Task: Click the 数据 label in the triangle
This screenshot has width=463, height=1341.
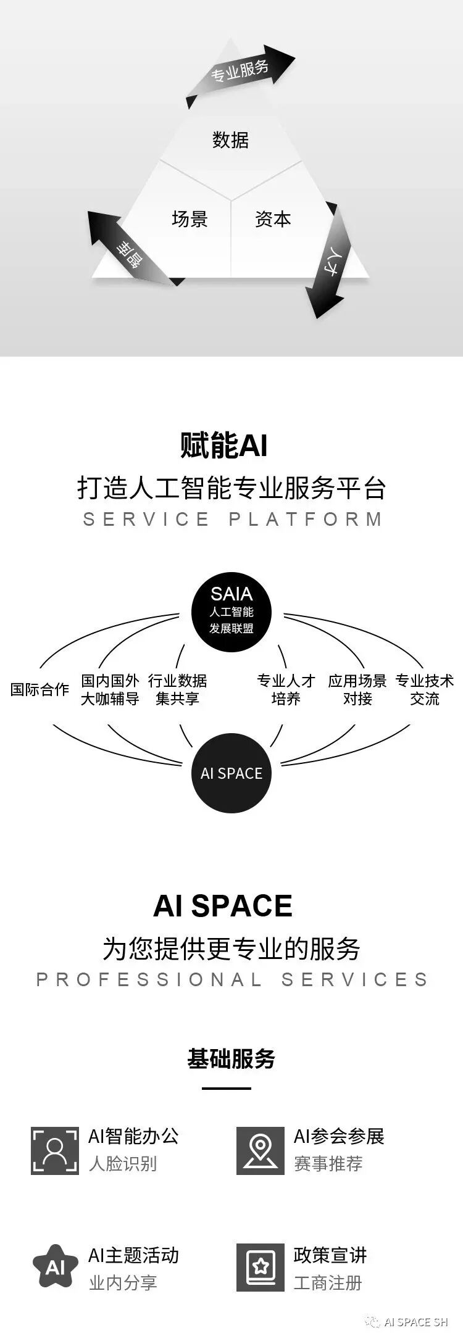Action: click(x=230, y=140)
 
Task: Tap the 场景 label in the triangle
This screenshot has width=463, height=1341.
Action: click(x=190, y=219)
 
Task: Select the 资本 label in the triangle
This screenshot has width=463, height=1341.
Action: click(x=273, y=219)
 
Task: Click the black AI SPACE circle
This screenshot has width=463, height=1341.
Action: click(x=231, y=773)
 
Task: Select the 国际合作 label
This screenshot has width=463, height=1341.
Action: click(x=40, y=689)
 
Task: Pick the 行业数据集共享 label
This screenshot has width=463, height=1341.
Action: click(x=177, y=689)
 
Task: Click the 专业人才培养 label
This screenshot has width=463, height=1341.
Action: click(x=286, y=689)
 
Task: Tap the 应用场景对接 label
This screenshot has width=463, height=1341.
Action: click(x=357, y=689)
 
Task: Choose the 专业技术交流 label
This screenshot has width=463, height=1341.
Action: click(x=425, y=689)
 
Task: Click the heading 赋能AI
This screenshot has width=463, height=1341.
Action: click(x=223, y=445)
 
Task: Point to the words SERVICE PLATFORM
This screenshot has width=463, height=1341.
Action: click(x=232, y=519)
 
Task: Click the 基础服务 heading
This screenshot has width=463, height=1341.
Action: click(x=231, y=1059)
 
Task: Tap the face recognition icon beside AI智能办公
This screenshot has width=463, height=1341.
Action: click(x=55, y=1151)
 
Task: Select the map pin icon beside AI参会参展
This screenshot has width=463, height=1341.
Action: click(x=261, y=1151)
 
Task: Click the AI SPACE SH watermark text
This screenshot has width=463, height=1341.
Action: click(x=415, y=1322)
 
